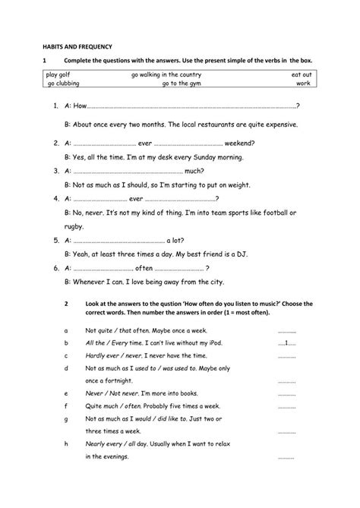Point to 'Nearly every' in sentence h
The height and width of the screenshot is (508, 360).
pos(105,444)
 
